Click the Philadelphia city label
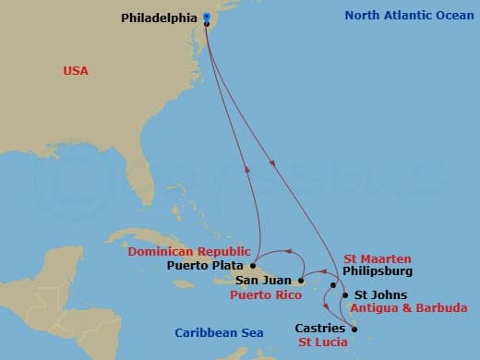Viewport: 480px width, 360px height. click(158, 17)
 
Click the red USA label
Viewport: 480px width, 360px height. click(76, 70)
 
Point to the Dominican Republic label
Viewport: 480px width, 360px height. click(188, 251)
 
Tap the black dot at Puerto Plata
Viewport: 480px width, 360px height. click(252, 265)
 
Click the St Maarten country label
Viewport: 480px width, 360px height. click(378, 258)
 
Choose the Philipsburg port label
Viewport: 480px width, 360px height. click(377, 272)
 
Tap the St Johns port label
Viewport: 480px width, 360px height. click(375, 295)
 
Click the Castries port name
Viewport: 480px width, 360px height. click(320, 328)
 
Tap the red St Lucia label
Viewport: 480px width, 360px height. click(322, 342)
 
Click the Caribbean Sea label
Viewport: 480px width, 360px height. click(219, 332)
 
